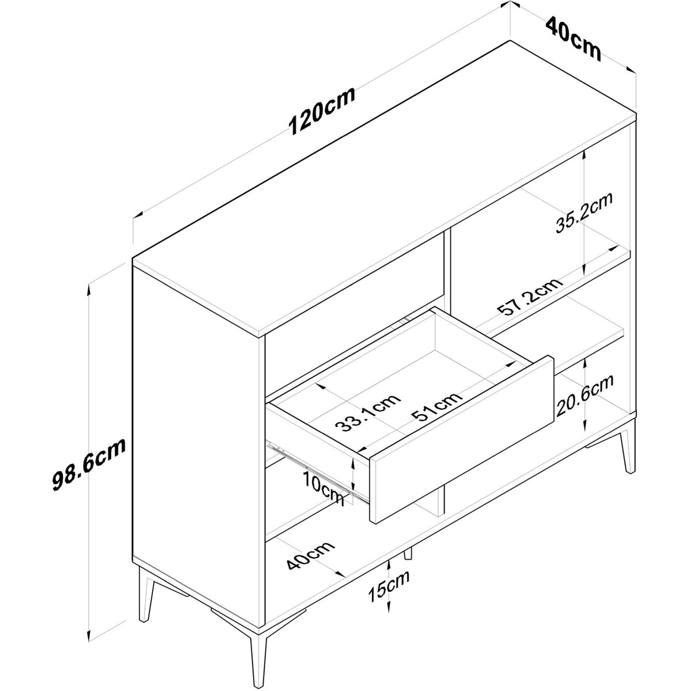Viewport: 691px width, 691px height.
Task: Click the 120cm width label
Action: [322, 111]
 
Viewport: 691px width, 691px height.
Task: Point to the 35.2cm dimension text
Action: [584, 213]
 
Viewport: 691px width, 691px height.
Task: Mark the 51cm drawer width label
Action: [436, 407]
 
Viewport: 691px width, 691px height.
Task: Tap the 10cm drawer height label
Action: [324, 488]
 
